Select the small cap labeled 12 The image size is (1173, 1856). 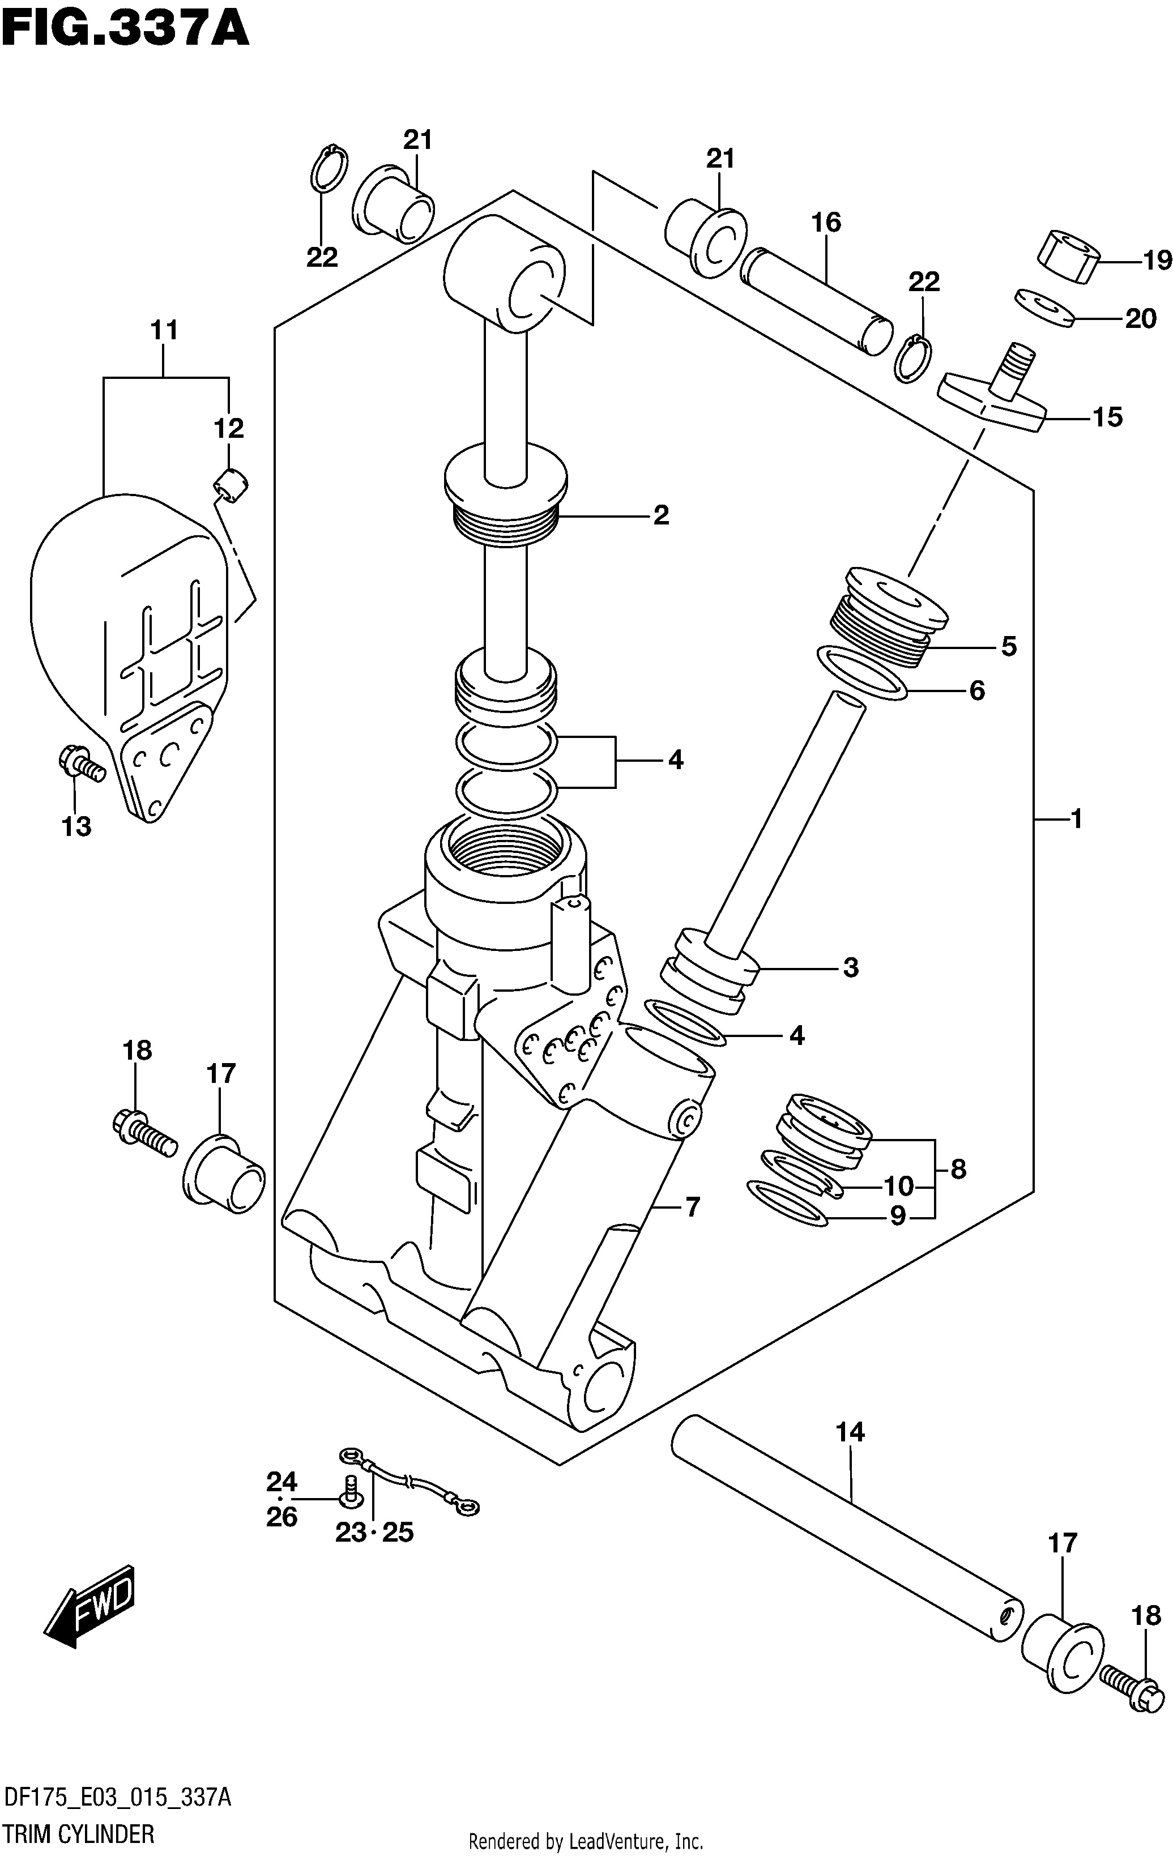coord(231,485)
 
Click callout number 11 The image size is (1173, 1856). coord(164,330)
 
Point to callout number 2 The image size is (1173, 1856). coord(660,515)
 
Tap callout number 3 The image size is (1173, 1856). coord(850,967)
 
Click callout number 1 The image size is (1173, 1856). coord(1077,818)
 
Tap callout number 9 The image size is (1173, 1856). coord(897,1215)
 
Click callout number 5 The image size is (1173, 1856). coord(1009,646)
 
